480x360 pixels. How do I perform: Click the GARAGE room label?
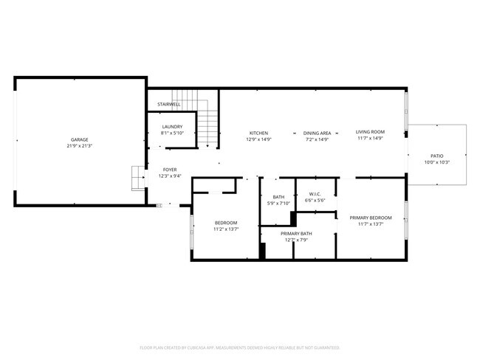pos(80,139)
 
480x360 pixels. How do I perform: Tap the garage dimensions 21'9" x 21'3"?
pos(80,146)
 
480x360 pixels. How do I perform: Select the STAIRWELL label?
pos(169,104)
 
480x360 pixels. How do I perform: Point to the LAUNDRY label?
pos(172,126)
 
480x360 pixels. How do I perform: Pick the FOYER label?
pos(170,170)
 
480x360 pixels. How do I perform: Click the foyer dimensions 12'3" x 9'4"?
pos(170,176)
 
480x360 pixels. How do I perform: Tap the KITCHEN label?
pos(258,133)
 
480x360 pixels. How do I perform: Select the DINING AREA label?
pos(317,133)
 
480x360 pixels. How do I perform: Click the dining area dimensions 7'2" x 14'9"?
pos(317,139)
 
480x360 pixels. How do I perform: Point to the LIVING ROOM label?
pos(370,132)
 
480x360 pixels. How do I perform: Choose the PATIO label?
pos(438,156)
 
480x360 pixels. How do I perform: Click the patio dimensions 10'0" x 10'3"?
pos(438,162)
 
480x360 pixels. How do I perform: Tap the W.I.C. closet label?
pos(314,193)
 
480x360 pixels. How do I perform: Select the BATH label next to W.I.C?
pos(278,197)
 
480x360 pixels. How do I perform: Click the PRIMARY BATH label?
pos(296,233)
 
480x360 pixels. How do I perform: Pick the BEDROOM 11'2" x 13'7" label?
pos(226,223)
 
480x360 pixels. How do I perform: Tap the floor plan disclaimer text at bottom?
pos(239,347)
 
